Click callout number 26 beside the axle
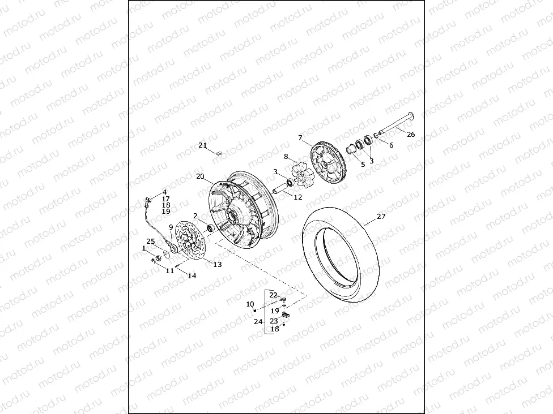[x=411, y=134]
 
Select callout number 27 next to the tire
[x=381, y=216]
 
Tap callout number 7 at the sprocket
[x=300, y=137]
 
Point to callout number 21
[x=202, y=145]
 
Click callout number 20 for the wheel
[x=201, y=176]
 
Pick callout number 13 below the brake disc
[x=218, y=264]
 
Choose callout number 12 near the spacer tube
[x=298, y=197]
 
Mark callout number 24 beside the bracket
[x=258, y=321]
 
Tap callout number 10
[x=250, y=304]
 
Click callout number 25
[x=151, y=241]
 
